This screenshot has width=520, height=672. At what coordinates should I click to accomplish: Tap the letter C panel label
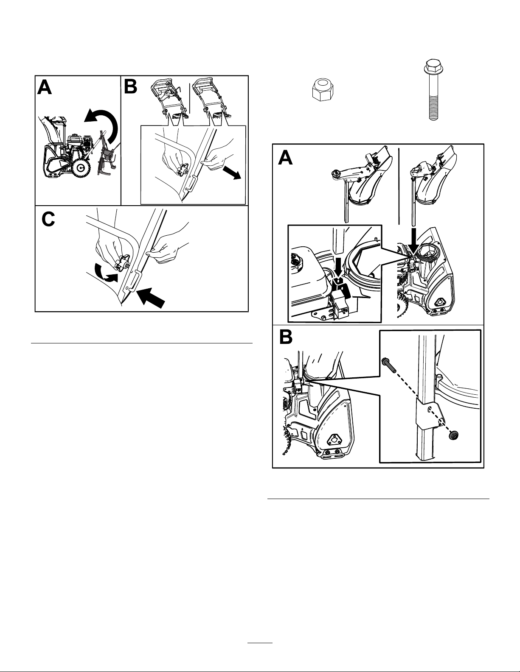[x=48, y=220]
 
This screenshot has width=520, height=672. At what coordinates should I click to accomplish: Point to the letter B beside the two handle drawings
[x=131, y=86]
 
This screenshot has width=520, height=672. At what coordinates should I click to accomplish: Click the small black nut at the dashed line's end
[x=453, y=435]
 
